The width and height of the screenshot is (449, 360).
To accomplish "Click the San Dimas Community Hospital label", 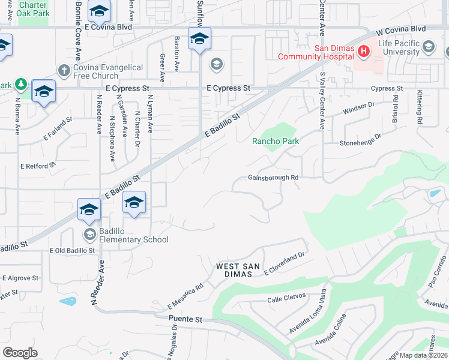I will point(315,52).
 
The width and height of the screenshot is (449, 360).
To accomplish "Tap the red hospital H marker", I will point(363,52).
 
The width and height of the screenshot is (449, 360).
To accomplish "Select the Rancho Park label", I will point(276,141).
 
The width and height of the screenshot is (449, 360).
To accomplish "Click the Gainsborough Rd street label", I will point(273,178).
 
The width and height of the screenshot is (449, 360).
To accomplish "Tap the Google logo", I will point(20,353).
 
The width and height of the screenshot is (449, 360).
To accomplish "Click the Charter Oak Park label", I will point(32,9).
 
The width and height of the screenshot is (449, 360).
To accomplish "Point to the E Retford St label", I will point(38,165).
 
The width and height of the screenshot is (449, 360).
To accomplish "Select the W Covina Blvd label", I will point(400,29).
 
